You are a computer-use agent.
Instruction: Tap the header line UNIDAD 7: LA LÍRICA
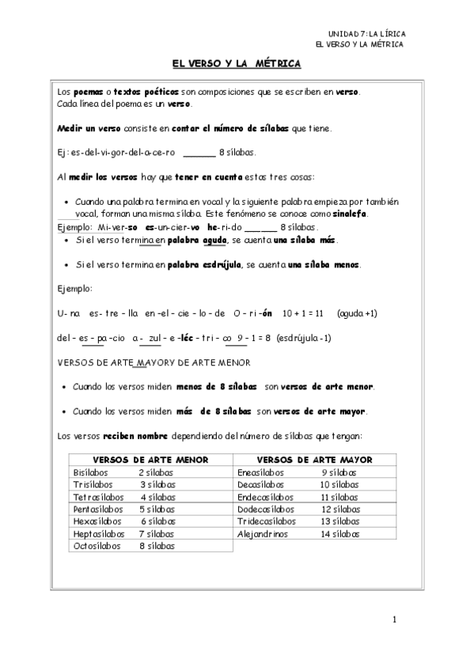(366, 34)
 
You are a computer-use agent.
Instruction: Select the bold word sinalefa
(348, 214)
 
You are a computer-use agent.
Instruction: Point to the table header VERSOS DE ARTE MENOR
(150, 460)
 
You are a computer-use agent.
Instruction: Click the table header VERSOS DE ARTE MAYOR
(315, 460)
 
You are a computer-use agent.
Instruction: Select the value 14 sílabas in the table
(339, 533)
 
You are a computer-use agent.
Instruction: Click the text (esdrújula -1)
(305, 339)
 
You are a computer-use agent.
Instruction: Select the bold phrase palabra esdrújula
(198, 264)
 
